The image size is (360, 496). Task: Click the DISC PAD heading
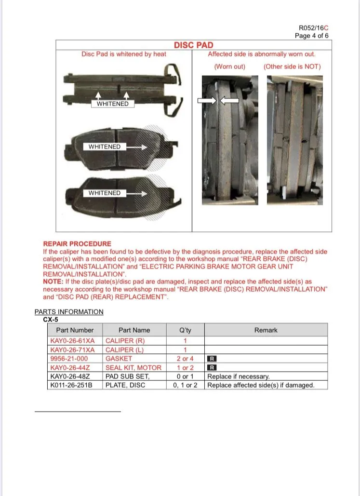tap(193, 45)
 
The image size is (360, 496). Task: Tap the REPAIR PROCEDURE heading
tap(77, 244)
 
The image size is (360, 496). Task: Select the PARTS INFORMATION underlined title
tap(69, 312)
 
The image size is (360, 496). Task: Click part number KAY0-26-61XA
tap(73, 341)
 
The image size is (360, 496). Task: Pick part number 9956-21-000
tap(69, 359)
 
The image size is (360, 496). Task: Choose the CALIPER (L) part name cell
tap(125, 350)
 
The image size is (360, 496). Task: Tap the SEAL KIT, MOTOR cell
tap(133, 368)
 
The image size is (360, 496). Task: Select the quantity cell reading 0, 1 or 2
tap(185, 385)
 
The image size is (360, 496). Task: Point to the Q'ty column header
tap(185, 330)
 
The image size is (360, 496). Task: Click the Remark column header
tap(266, 330)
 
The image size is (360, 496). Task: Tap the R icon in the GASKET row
tap(212, 359)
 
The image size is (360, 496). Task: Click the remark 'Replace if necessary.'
tap(239, 376)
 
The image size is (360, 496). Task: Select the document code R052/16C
tap(314, 28)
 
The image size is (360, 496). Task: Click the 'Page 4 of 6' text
tap(312, 36)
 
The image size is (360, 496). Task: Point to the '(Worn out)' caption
tap(229, 67)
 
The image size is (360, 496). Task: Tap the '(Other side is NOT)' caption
tap(292, 67)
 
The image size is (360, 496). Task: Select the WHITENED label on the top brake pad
tap(112, 104)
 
